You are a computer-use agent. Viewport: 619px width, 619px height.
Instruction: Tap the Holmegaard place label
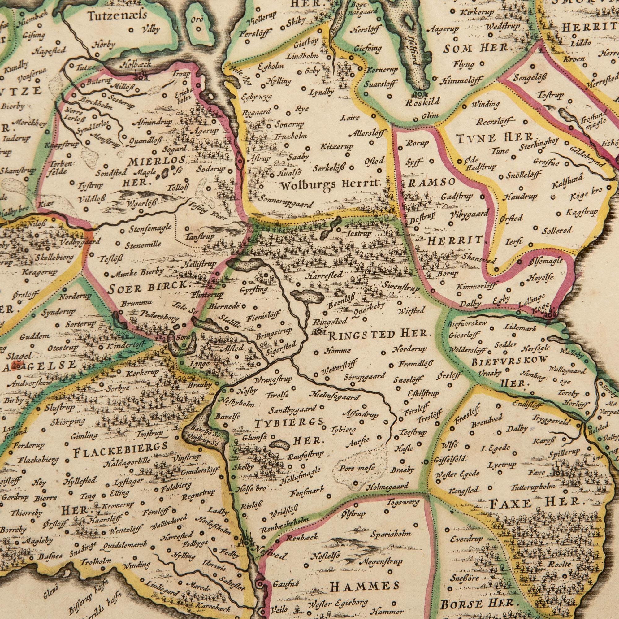click(388, 487)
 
